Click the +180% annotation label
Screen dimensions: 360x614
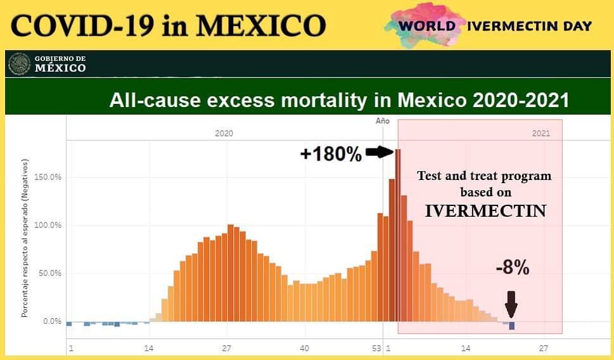click(x=331, y=154)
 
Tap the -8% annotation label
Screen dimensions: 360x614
click(x=512, y=268)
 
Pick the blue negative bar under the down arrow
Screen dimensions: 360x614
click(x=511, y=326)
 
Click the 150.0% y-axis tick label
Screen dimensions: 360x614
click(x=47, y=177)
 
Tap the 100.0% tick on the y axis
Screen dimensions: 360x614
click(x=47, y=225)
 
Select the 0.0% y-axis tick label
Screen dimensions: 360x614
click(x=51, y=321)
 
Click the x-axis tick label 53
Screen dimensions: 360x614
click(x=376, y=349)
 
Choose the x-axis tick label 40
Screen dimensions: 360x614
click(x=304, y=349)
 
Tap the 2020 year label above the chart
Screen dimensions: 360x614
click(x=224, y=134)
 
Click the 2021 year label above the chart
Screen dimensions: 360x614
click(x=541, y=134)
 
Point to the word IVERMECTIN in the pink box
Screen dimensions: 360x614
click(x=485, y=211)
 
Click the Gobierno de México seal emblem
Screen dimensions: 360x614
click(x=20, y=64)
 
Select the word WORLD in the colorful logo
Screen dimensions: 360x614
click(x=428, y=26)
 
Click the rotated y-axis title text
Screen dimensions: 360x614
click(x=25, y=238)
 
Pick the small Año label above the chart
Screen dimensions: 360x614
click(x=383, y=120)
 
